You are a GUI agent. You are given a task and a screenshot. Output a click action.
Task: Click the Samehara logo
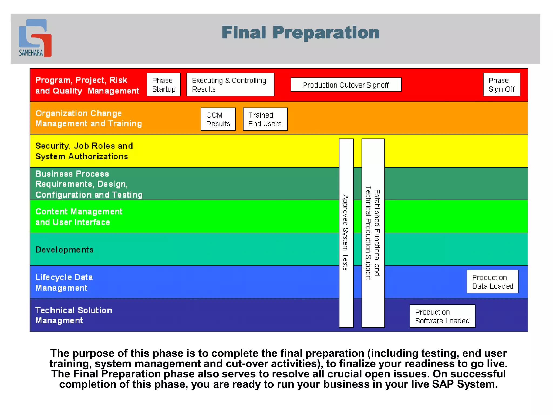point(35,38)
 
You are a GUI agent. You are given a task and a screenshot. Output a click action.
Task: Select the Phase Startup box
point(164,85)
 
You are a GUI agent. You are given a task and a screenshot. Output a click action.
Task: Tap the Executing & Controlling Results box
point(230,85)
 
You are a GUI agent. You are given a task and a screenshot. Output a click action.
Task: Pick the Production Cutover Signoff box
point(346,85)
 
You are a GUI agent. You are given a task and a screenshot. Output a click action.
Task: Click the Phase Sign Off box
point(501,85)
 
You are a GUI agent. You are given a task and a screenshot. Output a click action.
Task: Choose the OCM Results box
point(218,119)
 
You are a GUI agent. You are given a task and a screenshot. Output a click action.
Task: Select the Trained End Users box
point(265,119)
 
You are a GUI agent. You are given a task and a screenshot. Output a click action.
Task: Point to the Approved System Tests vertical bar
point(346,233)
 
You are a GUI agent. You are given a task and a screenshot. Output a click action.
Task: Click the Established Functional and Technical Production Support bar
point(373,233)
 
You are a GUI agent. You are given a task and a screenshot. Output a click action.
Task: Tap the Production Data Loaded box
point(492,282)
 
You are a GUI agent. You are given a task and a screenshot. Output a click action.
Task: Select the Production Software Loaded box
point(442,316)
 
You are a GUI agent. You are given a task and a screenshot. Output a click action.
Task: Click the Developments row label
point(65,250)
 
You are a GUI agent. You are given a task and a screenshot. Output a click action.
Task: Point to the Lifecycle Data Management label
point(64,282)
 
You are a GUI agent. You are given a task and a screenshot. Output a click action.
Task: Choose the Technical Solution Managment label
point(73,315)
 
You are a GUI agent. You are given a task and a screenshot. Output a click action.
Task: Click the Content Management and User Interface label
point(79,217)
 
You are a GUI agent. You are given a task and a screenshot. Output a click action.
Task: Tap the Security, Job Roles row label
point(84,151)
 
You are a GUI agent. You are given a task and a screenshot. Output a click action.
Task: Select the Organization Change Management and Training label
point(88,118)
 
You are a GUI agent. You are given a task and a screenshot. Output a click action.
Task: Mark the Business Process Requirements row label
point(89,184)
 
